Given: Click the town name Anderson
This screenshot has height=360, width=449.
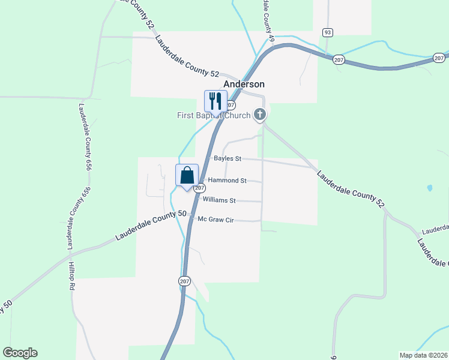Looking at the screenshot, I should (244, 85).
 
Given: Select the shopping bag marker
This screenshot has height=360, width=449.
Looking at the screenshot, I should (187, 175).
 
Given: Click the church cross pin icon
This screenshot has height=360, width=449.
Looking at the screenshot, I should (260, 114).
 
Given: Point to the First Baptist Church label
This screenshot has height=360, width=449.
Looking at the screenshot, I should (213, 115).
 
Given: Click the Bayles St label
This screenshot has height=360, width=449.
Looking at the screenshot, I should (227, 159).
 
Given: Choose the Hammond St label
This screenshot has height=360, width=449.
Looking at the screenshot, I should (227, 180).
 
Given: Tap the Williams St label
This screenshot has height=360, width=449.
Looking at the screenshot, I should (219, 200).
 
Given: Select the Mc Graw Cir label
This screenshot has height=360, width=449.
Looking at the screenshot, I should (215, 220).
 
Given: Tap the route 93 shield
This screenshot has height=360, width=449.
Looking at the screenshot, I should (327, 32).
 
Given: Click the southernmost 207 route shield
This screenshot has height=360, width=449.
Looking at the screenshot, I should (184, 280).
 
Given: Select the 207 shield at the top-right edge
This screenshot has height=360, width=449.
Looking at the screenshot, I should (439, 58).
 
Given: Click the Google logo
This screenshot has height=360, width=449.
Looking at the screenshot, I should (20, 353).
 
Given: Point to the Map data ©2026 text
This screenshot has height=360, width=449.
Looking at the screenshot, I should (423, 355).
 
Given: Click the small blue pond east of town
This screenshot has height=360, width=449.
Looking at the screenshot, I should (429, 188).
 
